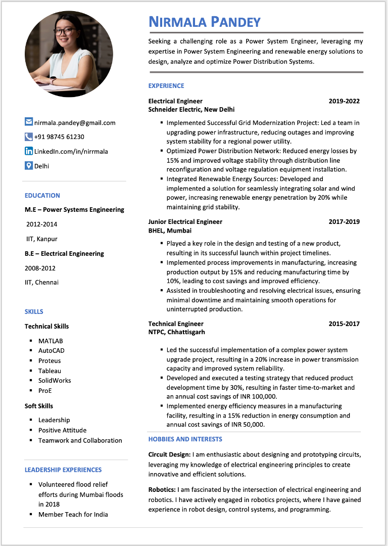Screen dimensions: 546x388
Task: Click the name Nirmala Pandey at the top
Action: (205, 22)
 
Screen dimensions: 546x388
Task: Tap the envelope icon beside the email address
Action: (29, 122)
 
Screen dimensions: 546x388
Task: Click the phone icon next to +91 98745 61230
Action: (29, 136)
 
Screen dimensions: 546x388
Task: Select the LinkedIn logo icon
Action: (29, 151)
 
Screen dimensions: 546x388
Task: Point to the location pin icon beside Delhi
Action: (29, 165)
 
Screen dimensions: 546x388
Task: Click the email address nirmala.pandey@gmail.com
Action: (75, 122)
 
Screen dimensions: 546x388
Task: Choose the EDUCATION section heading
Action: (42, 195)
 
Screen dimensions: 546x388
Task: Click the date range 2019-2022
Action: (344, 101)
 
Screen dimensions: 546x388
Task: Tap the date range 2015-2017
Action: (344, 324)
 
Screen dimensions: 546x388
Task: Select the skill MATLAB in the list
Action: (51, 341)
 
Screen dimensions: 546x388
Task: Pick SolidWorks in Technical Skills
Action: (55, 380)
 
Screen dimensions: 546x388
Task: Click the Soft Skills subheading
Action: (39, 406)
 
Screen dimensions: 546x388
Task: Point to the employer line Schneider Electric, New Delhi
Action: (191, 109)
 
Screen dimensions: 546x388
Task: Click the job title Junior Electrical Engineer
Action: (185, 221)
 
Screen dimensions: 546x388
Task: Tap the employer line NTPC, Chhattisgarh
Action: (177, 332)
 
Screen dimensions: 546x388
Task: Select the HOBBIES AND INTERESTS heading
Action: (185, 439)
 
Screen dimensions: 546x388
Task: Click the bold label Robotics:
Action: (162, 489)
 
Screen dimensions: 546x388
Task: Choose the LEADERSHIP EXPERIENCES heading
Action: (63, 470)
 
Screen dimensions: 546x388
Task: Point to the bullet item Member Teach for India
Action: (73, 514)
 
